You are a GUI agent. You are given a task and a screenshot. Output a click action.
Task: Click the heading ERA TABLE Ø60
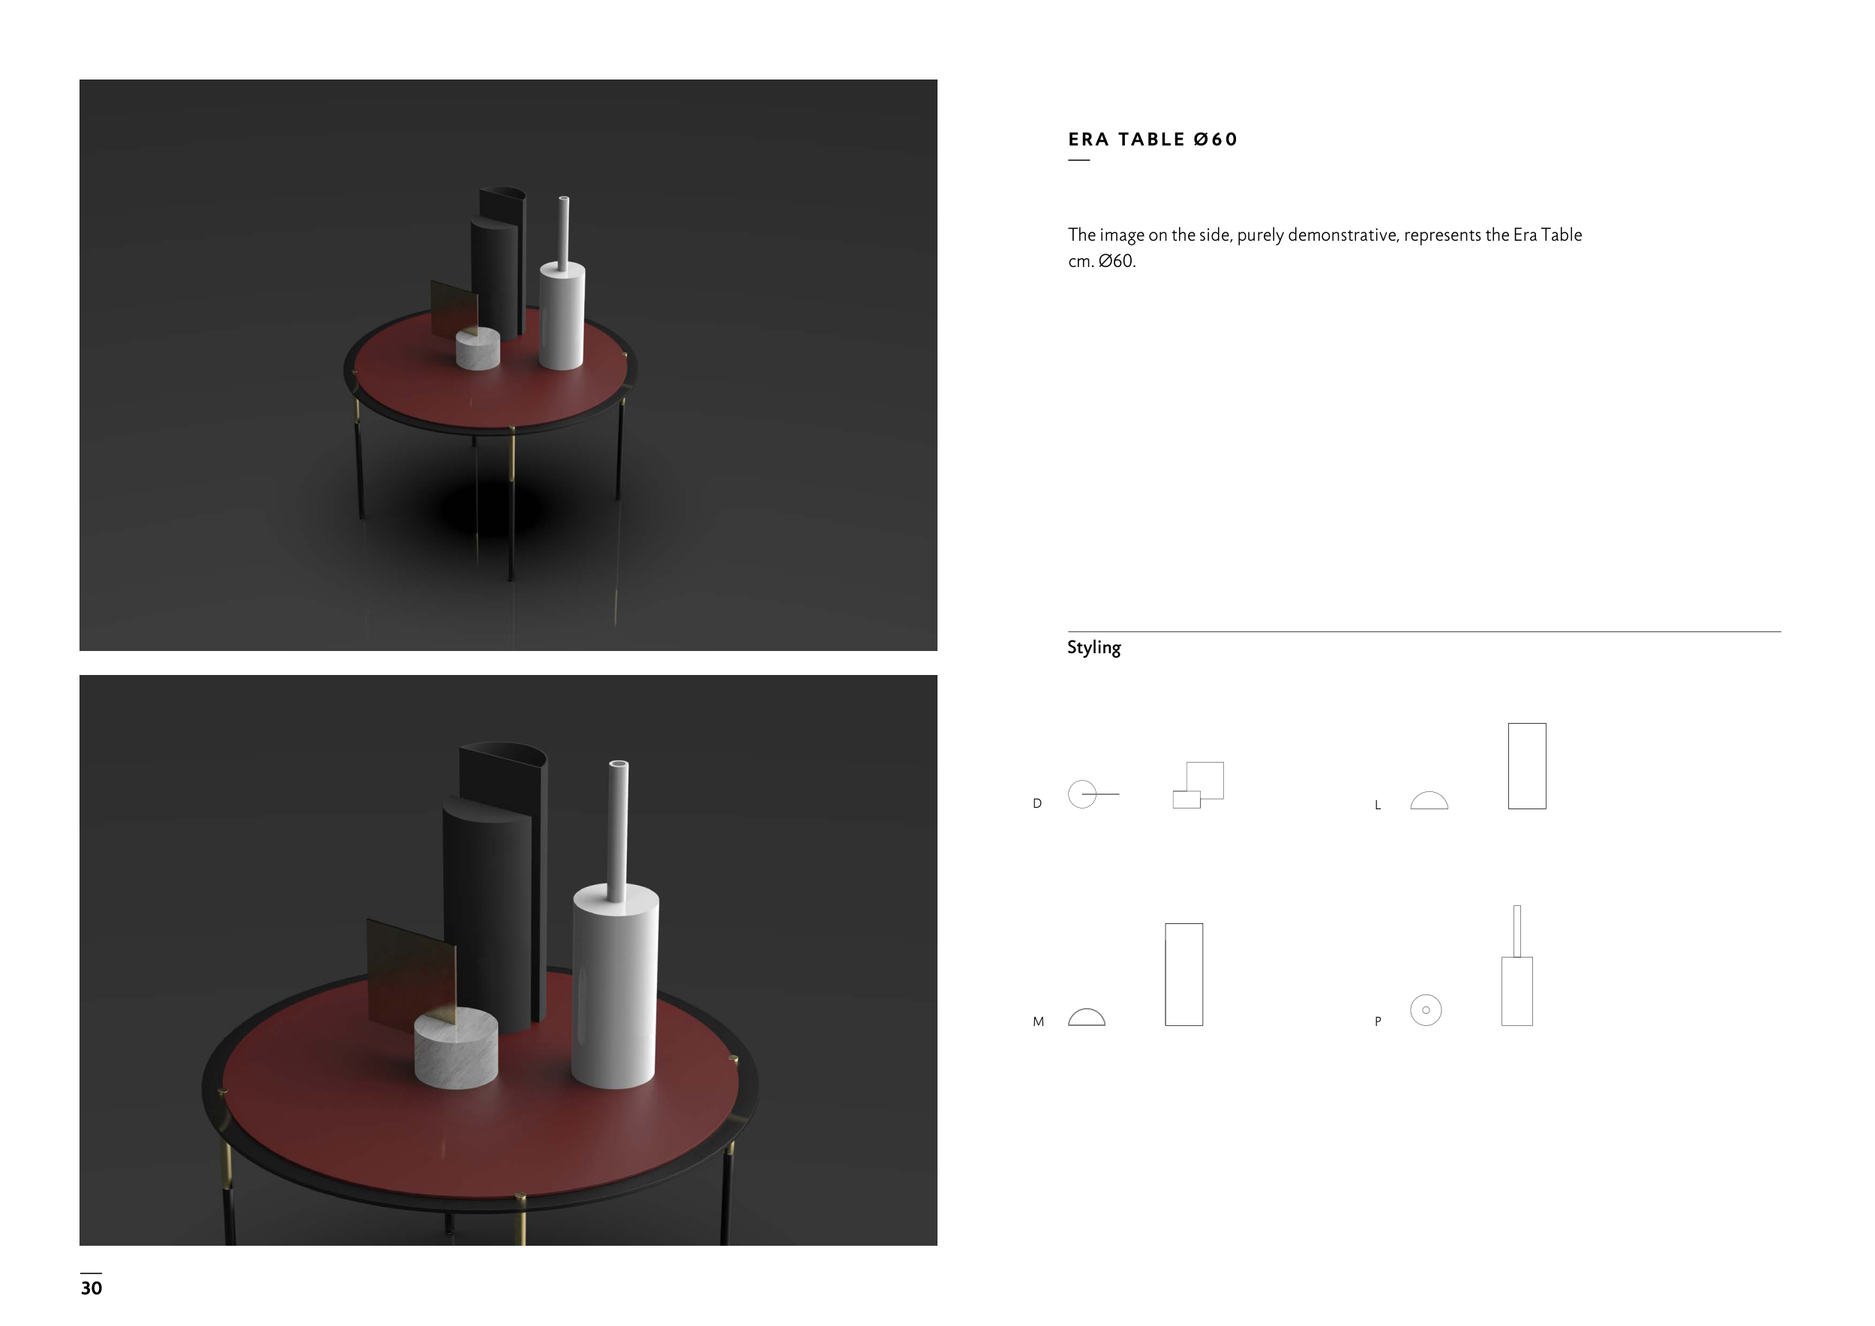[1152, 139]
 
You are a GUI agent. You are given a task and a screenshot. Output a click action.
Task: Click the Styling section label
[1093, 647]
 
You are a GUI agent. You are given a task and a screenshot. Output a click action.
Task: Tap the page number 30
[91, 1288]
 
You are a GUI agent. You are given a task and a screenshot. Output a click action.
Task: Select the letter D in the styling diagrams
[1037, 803]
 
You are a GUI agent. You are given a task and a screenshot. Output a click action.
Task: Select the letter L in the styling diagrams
[1378, 805]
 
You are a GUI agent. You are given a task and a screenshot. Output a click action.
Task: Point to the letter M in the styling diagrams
[1039, 1021]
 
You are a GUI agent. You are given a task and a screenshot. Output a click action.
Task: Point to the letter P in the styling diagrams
[1378, 1021]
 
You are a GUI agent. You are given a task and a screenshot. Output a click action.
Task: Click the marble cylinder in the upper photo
[478, 349]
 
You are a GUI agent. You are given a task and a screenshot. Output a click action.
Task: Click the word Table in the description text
[1561, 235]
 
